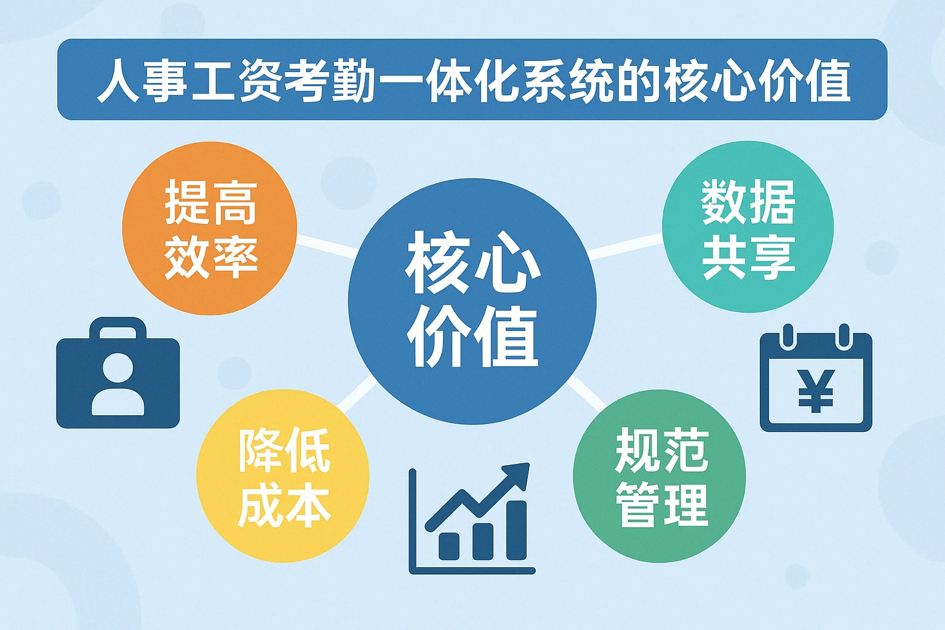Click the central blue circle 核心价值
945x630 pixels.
[x=472, y=301]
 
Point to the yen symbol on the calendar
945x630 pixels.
[x=816, y=390]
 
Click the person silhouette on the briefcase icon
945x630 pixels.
[x=118, y=385]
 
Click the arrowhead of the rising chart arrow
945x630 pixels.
[x=517, y=474]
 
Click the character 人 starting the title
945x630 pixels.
[x=119, y=81]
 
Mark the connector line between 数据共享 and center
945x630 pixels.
[x=624, y=246]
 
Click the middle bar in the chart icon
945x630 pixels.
[x=482, y=541]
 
